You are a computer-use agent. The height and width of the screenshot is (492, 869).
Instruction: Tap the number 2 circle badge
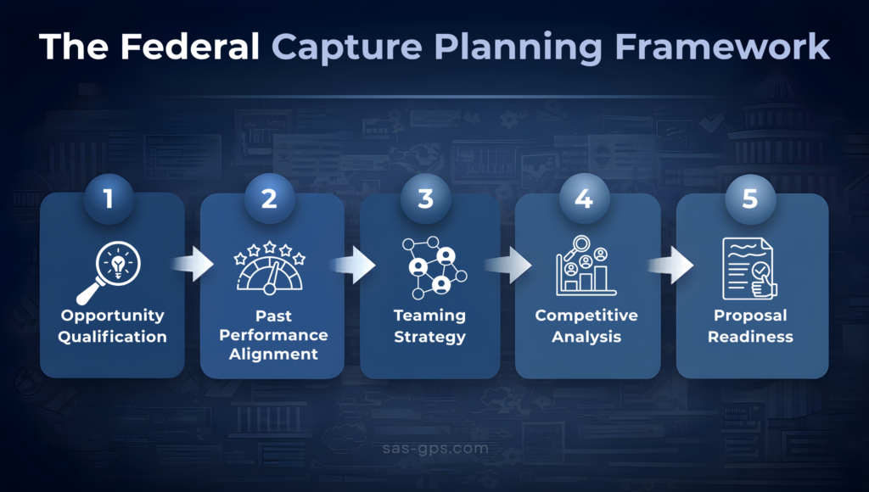tap(269, 199)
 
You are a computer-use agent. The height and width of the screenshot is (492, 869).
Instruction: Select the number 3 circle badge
tap(426, 199)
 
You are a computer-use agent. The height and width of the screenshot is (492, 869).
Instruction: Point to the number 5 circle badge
tap(750, 199)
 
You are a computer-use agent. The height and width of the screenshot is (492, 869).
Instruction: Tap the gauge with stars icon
tap(269, 268)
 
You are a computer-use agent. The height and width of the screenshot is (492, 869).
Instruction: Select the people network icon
tap(431, 267)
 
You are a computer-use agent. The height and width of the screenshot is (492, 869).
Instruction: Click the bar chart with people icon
tap(586, 266)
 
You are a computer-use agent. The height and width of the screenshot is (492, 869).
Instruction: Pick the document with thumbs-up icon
tap(749, 268)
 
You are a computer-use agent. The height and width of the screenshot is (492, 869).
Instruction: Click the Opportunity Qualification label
tap(113, 326)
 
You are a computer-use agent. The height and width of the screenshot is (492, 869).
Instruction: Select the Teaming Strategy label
tap(429, 326)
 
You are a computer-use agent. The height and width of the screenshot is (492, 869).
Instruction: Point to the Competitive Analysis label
tap(586, 326)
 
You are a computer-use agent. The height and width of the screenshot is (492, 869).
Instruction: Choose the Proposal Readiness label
tap(750, 326)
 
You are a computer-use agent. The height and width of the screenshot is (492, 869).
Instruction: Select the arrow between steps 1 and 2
tap(193, 265)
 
